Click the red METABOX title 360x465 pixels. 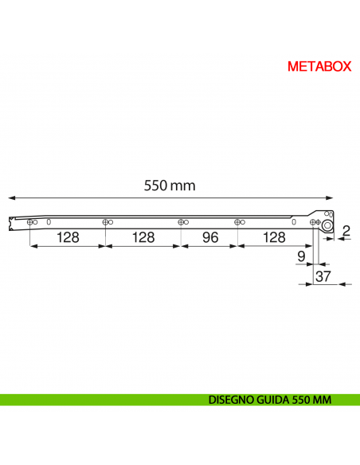pos(319,67)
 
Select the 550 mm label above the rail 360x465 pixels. pos(170,186)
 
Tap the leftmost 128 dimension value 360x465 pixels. pos(68,238)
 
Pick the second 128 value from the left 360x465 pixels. pos(143,238)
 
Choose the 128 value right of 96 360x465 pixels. pos(273,238)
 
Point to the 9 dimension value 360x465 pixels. pos(300,256)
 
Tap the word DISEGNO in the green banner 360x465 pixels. pos(232,400)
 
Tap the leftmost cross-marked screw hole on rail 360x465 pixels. pos(29,222)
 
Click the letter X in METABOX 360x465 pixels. pos(345,67)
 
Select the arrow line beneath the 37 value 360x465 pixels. pos(327,284)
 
